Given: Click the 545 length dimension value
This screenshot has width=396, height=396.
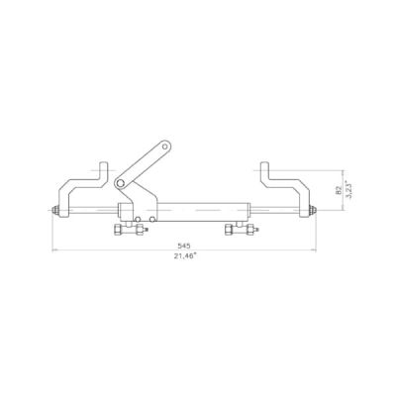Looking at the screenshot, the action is click(x=184, y=246).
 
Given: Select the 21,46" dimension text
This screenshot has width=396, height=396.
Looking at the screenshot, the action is click(x=185, y=255).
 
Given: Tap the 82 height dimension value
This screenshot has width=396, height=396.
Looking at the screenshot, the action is click(x=339, y=190).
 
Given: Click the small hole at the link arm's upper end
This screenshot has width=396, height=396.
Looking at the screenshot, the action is click(x=165, y=147).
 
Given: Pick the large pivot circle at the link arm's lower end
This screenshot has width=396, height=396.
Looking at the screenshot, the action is click(x=120, y=183).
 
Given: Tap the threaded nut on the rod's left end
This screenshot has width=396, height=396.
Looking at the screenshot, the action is click(x=56, y=210).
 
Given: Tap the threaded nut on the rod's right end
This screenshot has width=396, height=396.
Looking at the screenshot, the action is click(x=312, y=210).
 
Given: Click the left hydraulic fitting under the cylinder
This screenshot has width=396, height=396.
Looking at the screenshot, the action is click(x=130, y=229).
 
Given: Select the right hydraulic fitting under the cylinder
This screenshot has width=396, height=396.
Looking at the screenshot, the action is click(x=241, y=229).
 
